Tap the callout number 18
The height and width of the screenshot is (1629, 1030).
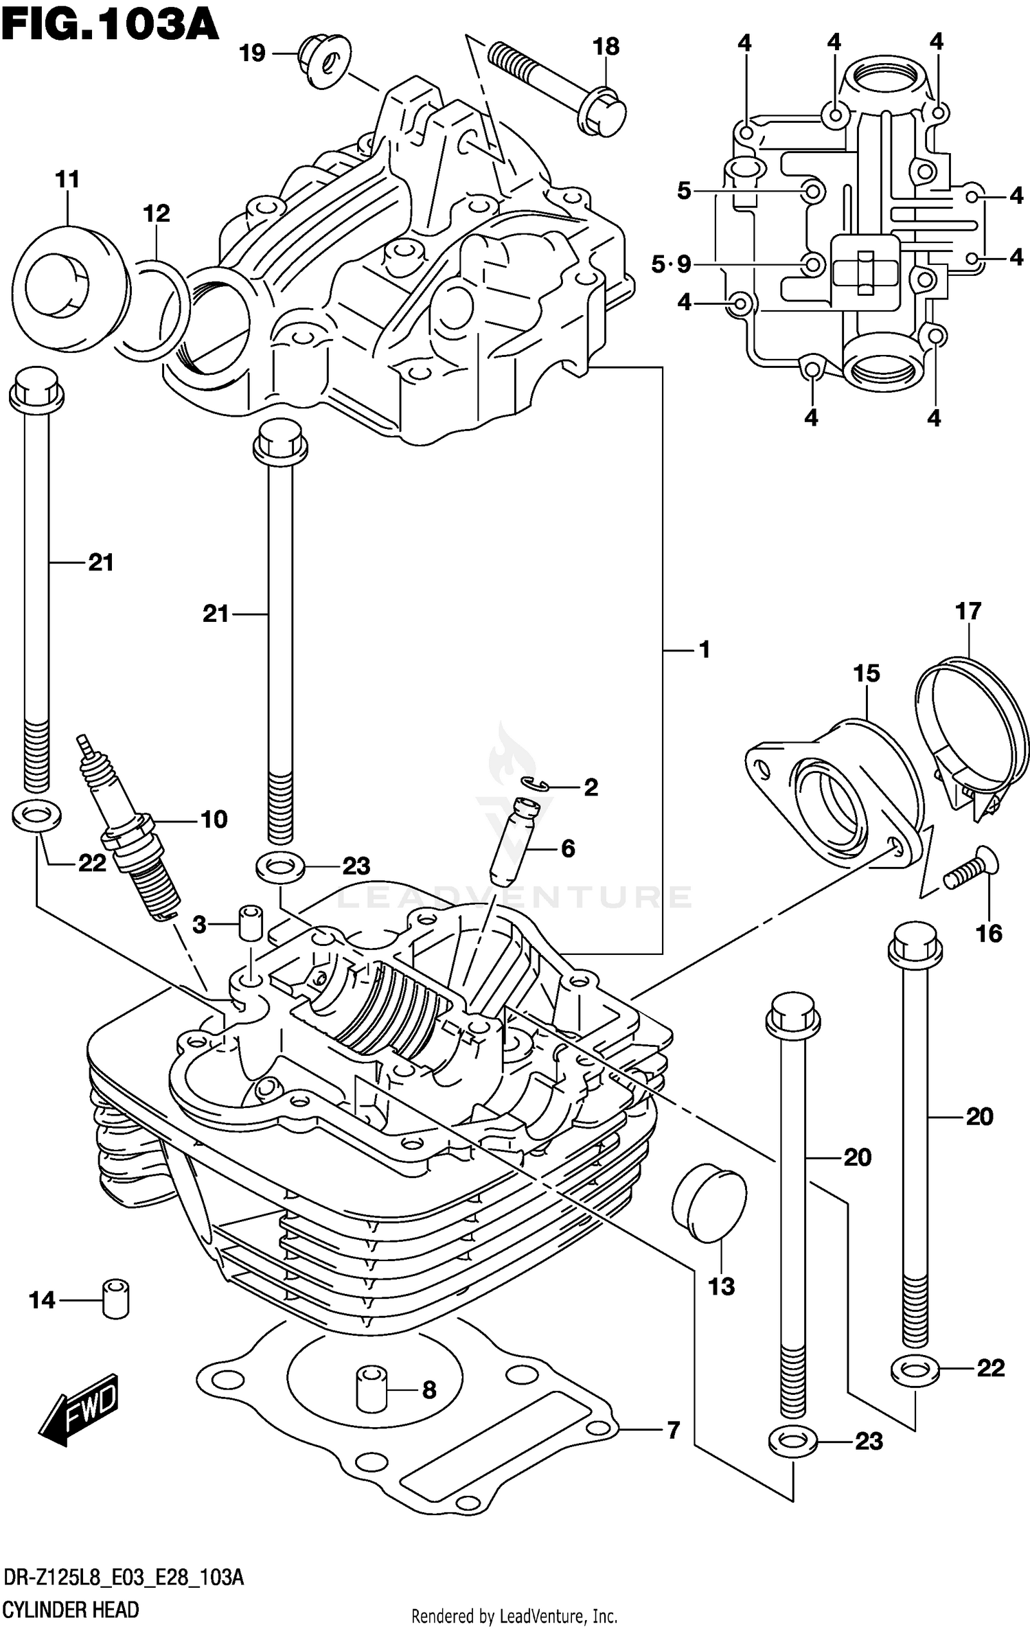(606, 47)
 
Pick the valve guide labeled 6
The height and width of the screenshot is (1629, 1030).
(513, 840)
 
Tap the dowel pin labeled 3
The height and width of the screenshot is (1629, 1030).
(251, 923)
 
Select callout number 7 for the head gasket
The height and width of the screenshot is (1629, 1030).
(674, 1431)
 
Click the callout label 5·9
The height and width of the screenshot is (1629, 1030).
(671, 264)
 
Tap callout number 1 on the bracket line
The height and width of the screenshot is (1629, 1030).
(704, 649)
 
